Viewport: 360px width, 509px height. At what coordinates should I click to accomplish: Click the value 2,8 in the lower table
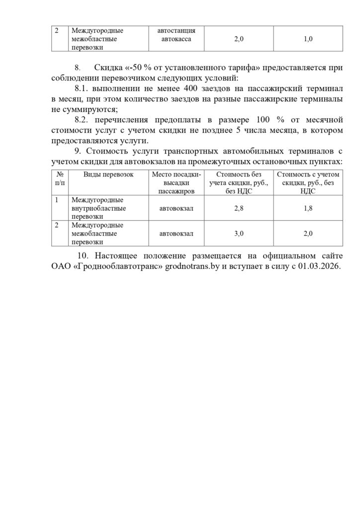(x=239, y=209)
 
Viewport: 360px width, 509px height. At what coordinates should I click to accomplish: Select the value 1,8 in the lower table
(x=308, y=209)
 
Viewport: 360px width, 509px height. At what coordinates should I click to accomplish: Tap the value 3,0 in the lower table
(x=239, y=234)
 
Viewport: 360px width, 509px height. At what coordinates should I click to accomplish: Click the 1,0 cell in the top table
(x=308, y=39)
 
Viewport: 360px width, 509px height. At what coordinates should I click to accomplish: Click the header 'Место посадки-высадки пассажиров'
(x=176, y=182)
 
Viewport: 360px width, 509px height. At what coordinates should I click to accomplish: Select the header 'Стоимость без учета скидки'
(x=239, y=182)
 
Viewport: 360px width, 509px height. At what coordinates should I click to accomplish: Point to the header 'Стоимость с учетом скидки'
(x=308, y=182)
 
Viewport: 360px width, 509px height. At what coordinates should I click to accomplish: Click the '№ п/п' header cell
(x=60, y=178)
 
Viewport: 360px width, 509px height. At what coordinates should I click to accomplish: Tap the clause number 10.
(x=84, y=256)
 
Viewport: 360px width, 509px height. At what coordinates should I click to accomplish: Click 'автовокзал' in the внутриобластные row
(x=176, y=209)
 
